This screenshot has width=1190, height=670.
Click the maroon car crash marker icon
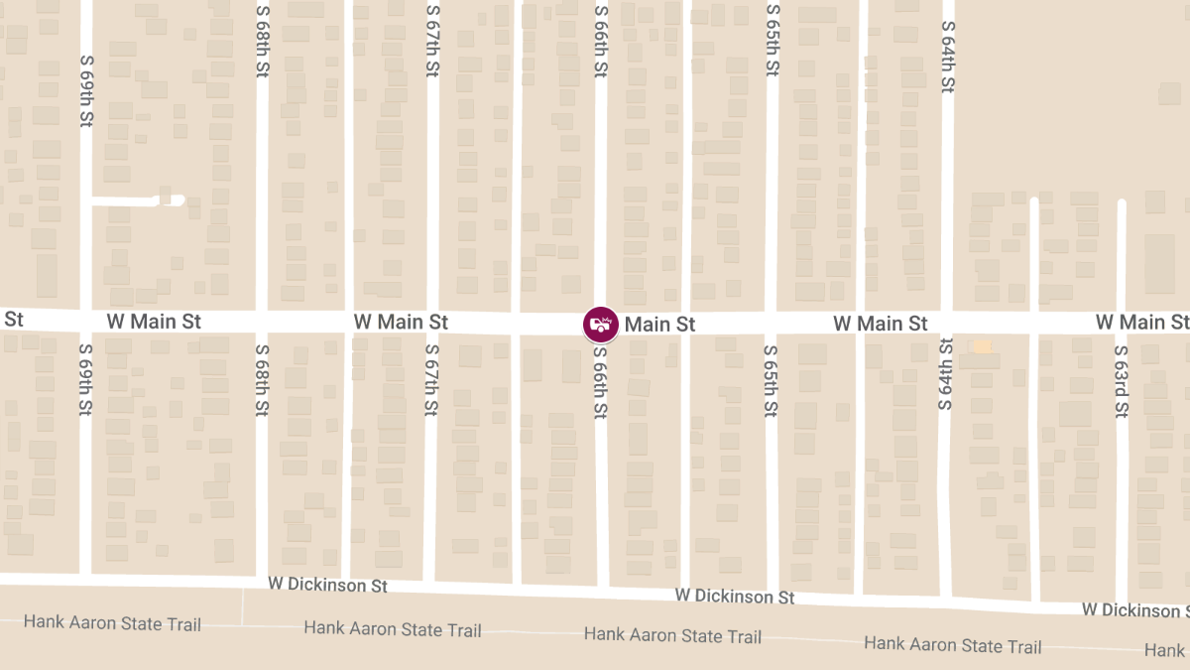pos(600,324)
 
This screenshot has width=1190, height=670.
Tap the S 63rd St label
pos(1122,382)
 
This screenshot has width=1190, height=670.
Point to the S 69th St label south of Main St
pos(85,380)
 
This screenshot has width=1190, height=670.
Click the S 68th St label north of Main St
pos(262,43)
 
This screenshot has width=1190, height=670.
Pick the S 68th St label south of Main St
pos(262,382)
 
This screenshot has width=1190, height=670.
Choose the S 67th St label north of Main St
pos(432,43)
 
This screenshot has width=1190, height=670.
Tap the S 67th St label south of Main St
pos(432,382)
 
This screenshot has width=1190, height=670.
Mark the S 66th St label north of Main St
pos(601,43)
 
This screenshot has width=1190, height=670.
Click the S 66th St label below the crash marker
pos(601,382)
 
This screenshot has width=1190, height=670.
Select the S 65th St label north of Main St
pos(773,43)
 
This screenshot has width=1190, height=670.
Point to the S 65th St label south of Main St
pos(773,382)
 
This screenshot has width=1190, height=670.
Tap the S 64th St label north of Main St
pos(948,58)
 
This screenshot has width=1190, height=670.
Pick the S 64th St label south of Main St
pos(945,375)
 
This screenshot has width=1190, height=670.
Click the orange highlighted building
pos(981,346)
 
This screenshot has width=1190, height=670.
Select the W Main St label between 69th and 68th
pos(154,322)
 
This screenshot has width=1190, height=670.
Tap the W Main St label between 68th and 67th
pos(401,322)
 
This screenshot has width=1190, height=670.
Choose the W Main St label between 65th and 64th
pos(881,323)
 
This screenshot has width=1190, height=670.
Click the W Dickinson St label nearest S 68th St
pos(327,585)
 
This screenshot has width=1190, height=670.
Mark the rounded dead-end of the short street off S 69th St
pos(177,200)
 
